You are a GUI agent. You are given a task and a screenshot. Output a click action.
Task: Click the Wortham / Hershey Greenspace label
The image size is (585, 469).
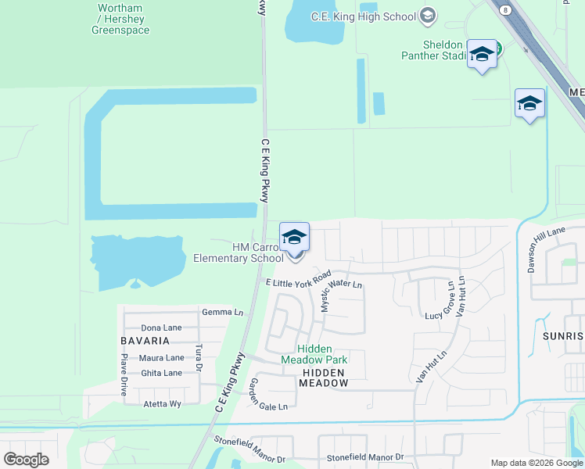(120, 20)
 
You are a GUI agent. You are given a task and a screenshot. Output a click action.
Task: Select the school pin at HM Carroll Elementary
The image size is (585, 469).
(294, 238)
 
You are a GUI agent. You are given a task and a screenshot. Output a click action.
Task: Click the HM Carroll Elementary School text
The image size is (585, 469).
(238, 252)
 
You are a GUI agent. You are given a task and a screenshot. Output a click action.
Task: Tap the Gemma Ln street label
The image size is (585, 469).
(223, 312)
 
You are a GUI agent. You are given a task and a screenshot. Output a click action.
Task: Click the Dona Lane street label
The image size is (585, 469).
(161, 328)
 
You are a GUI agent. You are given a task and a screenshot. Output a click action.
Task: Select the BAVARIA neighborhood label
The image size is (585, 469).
(145, 341)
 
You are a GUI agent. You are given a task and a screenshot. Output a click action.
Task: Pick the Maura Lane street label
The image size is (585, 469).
(162, 358)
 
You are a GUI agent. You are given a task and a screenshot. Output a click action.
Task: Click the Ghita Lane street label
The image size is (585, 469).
(161, 373)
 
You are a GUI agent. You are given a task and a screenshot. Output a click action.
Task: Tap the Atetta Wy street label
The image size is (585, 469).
(162, 404)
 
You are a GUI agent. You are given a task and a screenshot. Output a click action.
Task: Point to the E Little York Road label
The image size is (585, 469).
(299, 281)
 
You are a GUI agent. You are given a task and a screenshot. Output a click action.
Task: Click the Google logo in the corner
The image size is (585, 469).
(26, 460)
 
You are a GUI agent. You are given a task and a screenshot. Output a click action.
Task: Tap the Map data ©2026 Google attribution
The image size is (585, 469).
(536, 463)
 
